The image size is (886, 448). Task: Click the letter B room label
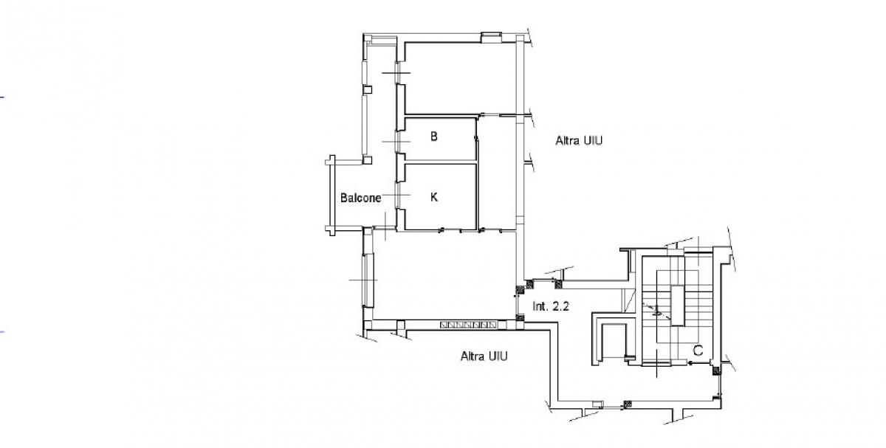(x=434, y=137)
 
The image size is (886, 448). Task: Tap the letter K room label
(x=434, y=197)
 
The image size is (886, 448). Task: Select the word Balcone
(x=360, y=198)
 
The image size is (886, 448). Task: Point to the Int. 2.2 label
(x=551, y=306)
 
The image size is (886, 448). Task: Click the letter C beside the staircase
(x=698, y=351)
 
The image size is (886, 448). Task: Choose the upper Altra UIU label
(x=579, y=141)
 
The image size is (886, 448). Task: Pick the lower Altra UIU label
(x=484, y=356)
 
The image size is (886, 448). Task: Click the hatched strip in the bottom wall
(x=468, y=325)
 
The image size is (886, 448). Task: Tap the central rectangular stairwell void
(x=678, y=306)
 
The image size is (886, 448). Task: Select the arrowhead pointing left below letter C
(x=690, y=363)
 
